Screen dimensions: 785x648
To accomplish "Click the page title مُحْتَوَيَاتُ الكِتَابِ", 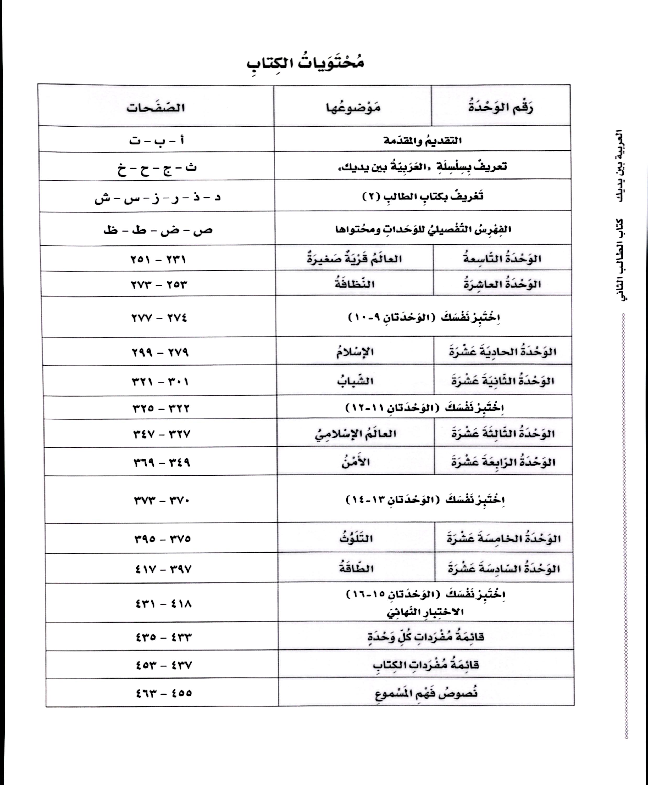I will click(305, 63).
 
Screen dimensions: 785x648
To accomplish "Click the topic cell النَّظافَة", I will click(354, 284).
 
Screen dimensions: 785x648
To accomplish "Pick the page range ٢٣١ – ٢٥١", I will click(158, 259).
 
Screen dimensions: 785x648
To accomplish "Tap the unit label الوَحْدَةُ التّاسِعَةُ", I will click(502, 258).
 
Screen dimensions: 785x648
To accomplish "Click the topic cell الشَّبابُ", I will click(355, 381).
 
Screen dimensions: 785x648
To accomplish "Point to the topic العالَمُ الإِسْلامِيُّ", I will click(355, 434).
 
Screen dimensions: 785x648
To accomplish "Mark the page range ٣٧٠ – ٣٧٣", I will click(162, 500).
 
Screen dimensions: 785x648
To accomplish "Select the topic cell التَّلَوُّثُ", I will click(356, 539).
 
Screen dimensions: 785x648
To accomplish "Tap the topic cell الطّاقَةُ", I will click(356, 569).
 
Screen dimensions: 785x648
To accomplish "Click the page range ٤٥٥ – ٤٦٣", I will click(164, 693).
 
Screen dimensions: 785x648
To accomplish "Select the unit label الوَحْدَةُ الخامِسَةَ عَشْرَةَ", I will click(503, 539).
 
